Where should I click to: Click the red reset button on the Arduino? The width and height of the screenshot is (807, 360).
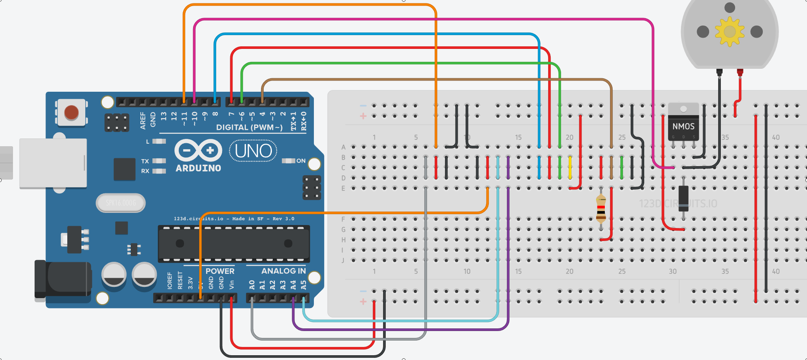pos(71,112)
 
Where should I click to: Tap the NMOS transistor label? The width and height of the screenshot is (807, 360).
pos(683,126)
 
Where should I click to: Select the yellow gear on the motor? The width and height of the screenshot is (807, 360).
pos(730,32)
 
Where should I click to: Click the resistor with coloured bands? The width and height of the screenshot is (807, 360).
pos(601,209)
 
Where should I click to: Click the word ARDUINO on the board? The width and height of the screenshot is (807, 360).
pos(198,168)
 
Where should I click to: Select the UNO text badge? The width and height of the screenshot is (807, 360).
pos(253,151)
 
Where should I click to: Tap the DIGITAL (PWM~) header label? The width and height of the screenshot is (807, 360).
pos(249,128)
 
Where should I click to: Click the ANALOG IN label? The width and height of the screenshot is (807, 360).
pos(284,271)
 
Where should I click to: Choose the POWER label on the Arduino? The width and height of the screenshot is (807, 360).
pos(220,271)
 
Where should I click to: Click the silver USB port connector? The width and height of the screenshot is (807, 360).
pos(53,163)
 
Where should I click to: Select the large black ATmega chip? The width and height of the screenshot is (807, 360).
pos(234,244)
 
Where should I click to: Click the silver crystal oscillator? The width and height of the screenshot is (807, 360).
pos(121,203)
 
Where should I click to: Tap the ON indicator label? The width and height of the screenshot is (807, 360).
pos(301,161)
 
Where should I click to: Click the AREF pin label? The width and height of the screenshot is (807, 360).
pos(143,121)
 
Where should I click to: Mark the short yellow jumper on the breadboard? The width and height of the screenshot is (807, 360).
pos(570,167)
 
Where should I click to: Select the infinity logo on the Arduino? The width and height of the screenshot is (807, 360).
pos(198,151)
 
